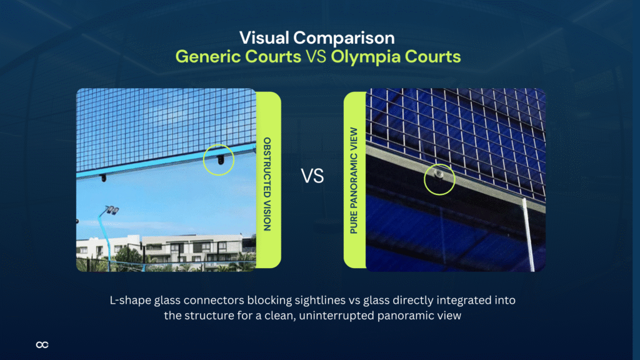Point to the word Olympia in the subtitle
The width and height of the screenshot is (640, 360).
click(x=363, y=57)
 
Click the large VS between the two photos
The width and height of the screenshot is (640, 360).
click(x=312, y=176)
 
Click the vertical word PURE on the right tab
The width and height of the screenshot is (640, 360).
click(x=354, y=222)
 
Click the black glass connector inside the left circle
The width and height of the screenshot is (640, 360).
click(x=219, y=161)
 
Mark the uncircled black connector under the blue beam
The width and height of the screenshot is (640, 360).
click(x=103, y=178)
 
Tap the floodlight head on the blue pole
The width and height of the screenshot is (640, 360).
click(x=112, y=211)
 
